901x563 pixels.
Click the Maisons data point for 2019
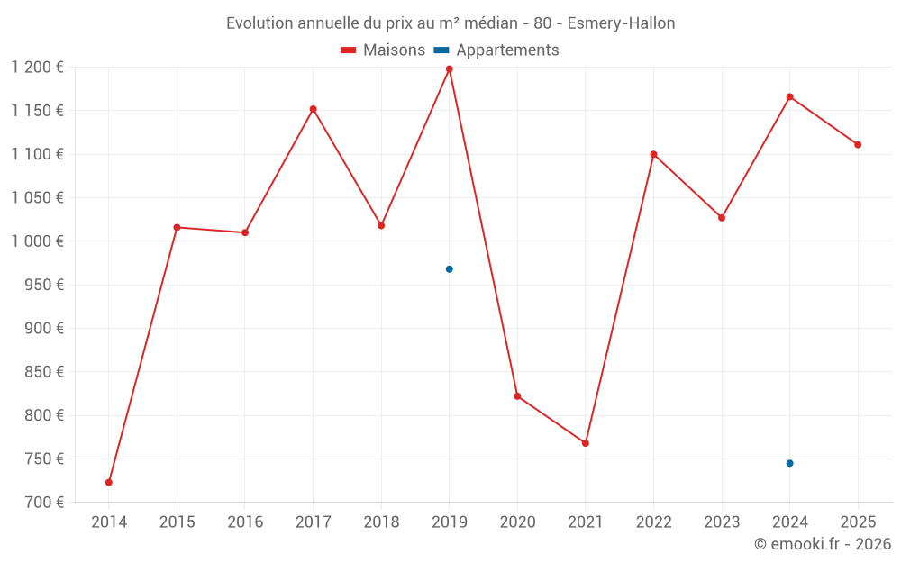pyautogui.click(x=449, y=69)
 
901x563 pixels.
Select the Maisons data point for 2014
pyautogui.click(x=109, y=482)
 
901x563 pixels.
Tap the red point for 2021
pyautogui.click(x=586, y=443)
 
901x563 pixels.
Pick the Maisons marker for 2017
pyautogui.click(x=313, y=109)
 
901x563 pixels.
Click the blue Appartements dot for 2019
pyautogui.click(x=449, y=269)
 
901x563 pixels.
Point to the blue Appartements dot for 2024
pyautogui.click(x=789, y=463)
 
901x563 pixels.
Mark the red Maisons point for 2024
pyautogui.click(x=789, y=96)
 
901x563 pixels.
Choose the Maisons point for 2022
pyautogui.click(x=653, y=154)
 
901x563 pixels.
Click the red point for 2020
pyautogui.click(x=517, y=396)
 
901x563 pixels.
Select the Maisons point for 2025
pyautogui.click(x=858, y=144)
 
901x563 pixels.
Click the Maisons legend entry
pyautogui.click(x=383, y=50)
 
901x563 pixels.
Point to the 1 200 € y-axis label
pyautogui.click(x=38, y=68)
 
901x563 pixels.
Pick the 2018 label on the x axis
pyautogui.click(x=381, y=522)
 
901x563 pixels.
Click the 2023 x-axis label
pyautogui.click(x=721, y=522)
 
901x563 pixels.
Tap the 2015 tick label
pyautogui.click(x=177, y=522)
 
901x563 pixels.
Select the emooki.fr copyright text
pyautogui.click(x=823, y=544)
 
